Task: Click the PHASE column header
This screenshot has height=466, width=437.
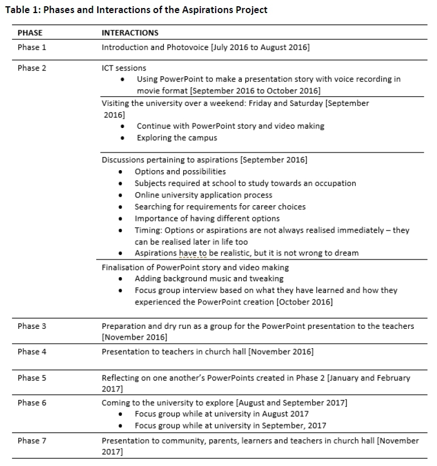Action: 30,32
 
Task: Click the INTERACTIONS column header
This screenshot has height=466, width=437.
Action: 130,32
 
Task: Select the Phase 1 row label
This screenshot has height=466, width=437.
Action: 32,47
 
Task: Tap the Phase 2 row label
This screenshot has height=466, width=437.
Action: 32,68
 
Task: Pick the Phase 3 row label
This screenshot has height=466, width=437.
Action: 32,326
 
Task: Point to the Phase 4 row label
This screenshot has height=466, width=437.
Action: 32,352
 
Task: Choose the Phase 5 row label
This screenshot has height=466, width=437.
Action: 32,378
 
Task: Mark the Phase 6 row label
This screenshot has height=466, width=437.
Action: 32,403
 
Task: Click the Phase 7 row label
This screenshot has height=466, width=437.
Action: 32,440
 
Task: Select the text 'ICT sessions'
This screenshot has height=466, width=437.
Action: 123,68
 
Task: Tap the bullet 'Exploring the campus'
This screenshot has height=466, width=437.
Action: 177,138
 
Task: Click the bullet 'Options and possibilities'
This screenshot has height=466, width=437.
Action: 180,171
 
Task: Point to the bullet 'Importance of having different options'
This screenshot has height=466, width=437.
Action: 207,218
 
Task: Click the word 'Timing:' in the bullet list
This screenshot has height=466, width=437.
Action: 148,230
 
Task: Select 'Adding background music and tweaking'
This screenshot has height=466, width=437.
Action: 209,279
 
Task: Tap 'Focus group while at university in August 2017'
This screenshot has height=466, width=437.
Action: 221,414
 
